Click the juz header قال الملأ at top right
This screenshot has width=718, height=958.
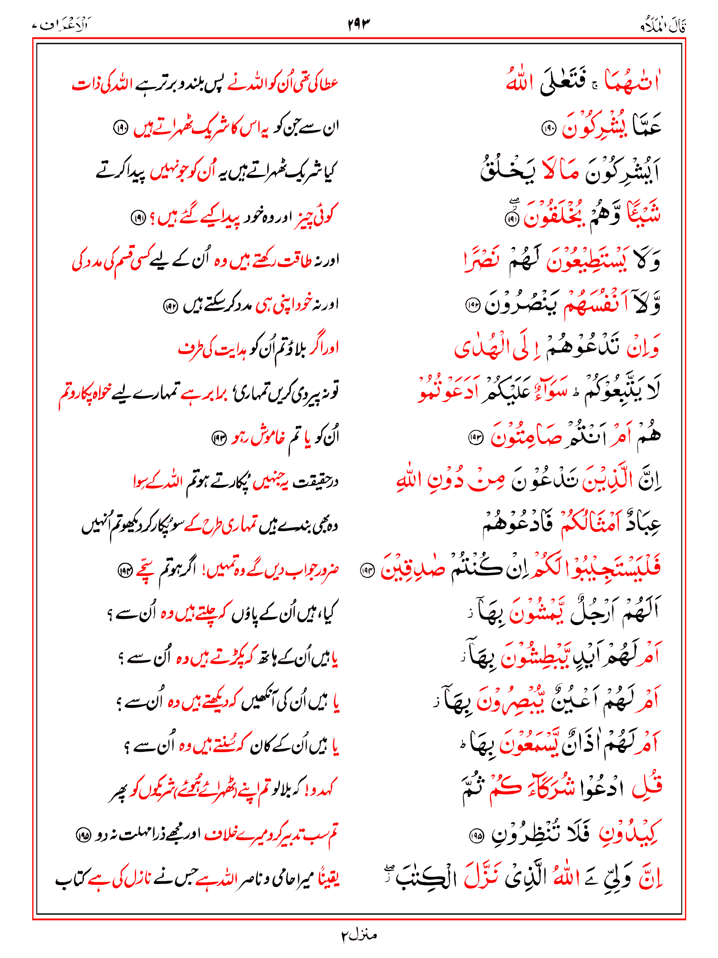663,26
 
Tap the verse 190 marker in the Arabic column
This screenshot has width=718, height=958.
547,127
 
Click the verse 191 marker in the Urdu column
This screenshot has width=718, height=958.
138,218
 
